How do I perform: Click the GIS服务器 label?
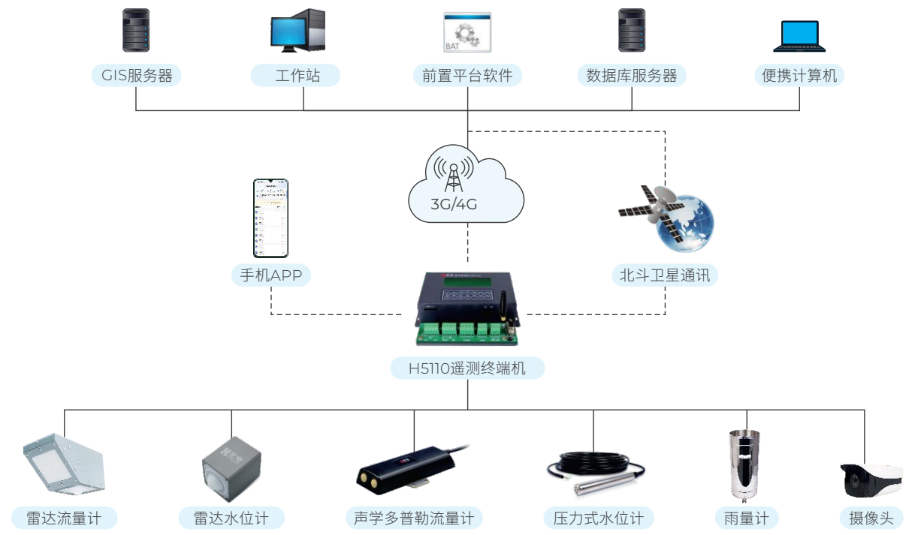[x=136, y=76]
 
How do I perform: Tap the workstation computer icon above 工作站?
[x=297, y=31]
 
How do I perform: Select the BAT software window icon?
[x=467, y=32]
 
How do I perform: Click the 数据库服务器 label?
[x=631, y=76]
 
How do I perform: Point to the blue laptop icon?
[x=799, y=35]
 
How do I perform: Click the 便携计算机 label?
[x=799, y=76]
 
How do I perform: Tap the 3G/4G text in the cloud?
[x=454, y=204]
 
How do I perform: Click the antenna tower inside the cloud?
[x=453, y=174]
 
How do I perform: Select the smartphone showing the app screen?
[x=270, y=218]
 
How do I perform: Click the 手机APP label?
[x=270, y=275]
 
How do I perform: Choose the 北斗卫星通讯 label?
[x=665, y=275]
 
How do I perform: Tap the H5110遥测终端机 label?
[x=467, y=368]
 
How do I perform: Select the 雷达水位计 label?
[x=231, y=518]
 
